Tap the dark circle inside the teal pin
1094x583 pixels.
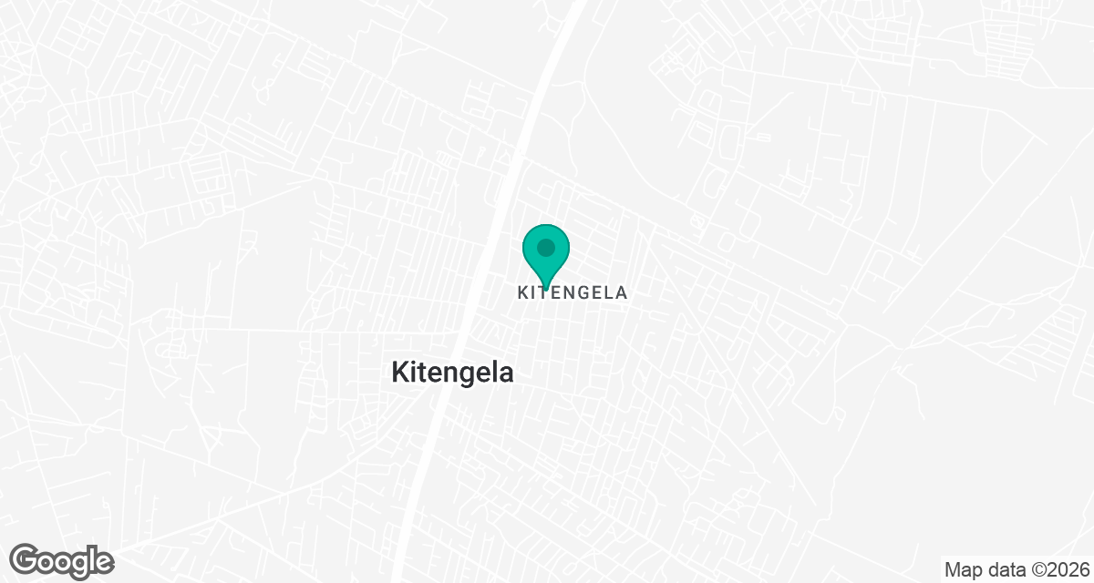[x=546, y=247]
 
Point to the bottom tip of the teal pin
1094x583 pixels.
[x=546, y=286]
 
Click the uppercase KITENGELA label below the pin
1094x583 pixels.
[x=573, y=293]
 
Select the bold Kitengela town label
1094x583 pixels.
[x=452, y=372]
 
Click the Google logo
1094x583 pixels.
[x=62, y=559]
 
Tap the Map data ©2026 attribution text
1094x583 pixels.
[x=1017, y=570]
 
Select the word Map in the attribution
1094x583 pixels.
[x=962, y=570]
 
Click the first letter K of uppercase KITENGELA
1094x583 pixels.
[x=523, y=293]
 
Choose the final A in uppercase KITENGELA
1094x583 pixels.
[x=622, y=293]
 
